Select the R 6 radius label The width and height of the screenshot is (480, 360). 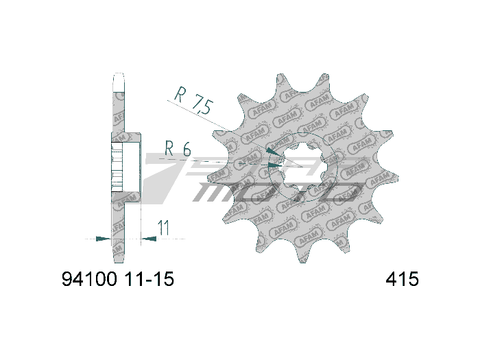(178, 147)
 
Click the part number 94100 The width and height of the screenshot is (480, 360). (90, 280)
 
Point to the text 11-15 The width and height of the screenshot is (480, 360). (149, 280)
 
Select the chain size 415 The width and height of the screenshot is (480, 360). (403, 280)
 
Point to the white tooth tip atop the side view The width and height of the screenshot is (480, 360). (118, 78)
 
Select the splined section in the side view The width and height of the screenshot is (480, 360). (117, 165)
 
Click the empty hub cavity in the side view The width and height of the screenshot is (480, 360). (130, 165)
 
